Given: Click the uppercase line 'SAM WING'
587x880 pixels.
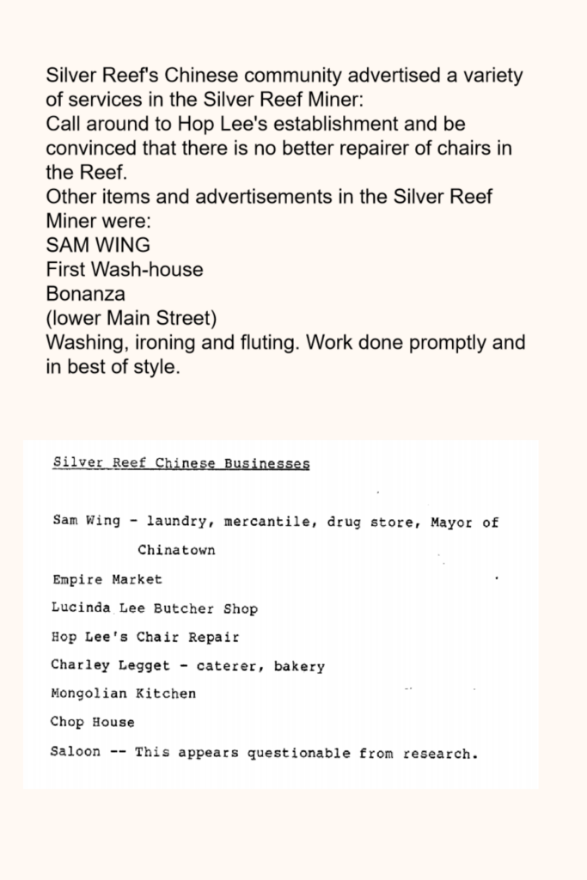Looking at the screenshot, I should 98,245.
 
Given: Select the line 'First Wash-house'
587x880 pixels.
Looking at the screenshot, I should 125,270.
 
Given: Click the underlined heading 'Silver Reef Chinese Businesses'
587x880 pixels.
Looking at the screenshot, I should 180,464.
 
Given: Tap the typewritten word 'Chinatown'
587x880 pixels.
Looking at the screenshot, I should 176,550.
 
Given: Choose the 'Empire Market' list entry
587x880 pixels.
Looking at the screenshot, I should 107,579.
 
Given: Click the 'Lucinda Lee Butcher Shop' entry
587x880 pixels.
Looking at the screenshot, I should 155,608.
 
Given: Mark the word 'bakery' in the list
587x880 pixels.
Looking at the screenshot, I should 299,665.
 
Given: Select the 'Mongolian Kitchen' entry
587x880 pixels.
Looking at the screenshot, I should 123,694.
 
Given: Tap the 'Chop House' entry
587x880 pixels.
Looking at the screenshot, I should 92,723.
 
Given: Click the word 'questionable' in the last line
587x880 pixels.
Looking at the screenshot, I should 298,753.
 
